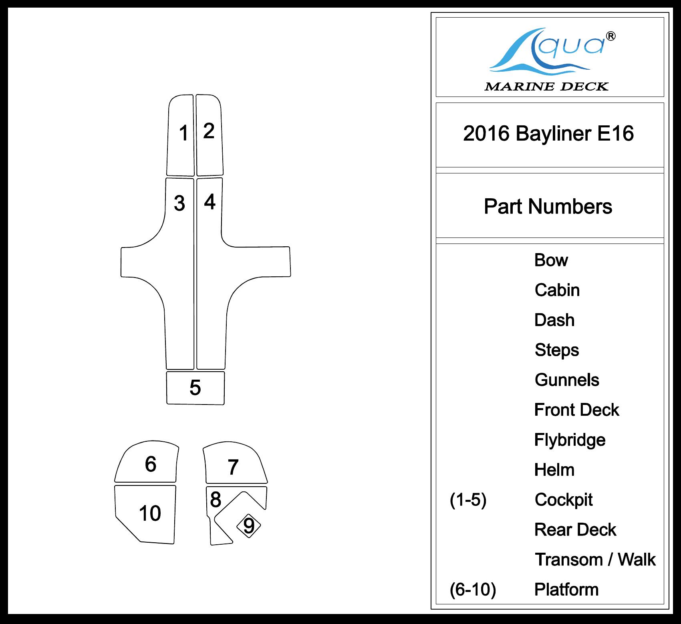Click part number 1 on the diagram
tap(183, 133)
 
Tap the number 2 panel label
tap(209, 131)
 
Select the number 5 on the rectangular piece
tap(195, 387)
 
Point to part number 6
tap(151, 464)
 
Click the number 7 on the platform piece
tap(233, 467)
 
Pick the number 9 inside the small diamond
tap(249, 526)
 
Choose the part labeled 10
tap(150, 513)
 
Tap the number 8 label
tap(216, 499)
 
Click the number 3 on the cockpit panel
tap(179, 203)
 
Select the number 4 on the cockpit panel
tap(210, 201)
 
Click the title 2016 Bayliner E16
tap(548, 133)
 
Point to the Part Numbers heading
tap(548, 207)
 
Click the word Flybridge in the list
tap(570, 440)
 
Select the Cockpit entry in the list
tap(564, 499)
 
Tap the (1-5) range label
tap(468, 499)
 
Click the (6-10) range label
tap(473, 590)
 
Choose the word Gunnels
tap(567, 380)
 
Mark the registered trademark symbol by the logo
tap(611, 36)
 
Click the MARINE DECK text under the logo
tap(546, 87)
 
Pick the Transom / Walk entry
tap(595, 560)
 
